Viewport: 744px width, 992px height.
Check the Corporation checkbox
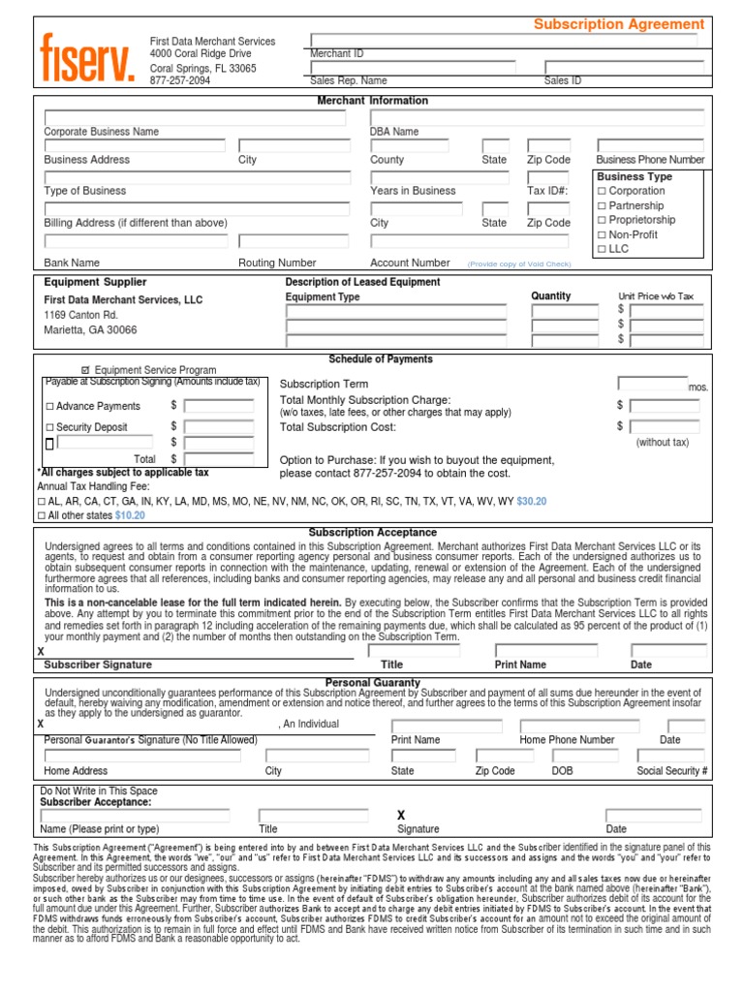pos(602,192)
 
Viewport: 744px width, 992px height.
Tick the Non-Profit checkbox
pos(602,234)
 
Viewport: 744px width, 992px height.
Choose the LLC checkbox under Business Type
pos(602,249)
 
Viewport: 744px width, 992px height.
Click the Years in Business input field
pos(439,178)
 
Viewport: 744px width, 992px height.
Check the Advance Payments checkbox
pos(50,407)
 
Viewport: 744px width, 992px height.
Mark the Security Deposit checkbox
pos(50,427)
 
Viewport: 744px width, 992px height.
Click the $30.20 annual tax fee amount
pos(532,502)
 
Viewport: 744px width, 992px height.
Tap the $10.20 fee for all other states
pos(130,515)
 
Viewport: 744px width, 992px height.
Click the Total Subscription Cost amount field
pos(666,426)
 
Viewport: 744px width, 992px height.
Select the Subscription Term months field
pos(652,384)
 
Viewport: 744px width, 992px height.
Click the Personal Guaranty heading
pos(373,683)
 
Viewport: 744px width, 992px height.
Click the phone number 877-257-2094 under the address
pos(179,81)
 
